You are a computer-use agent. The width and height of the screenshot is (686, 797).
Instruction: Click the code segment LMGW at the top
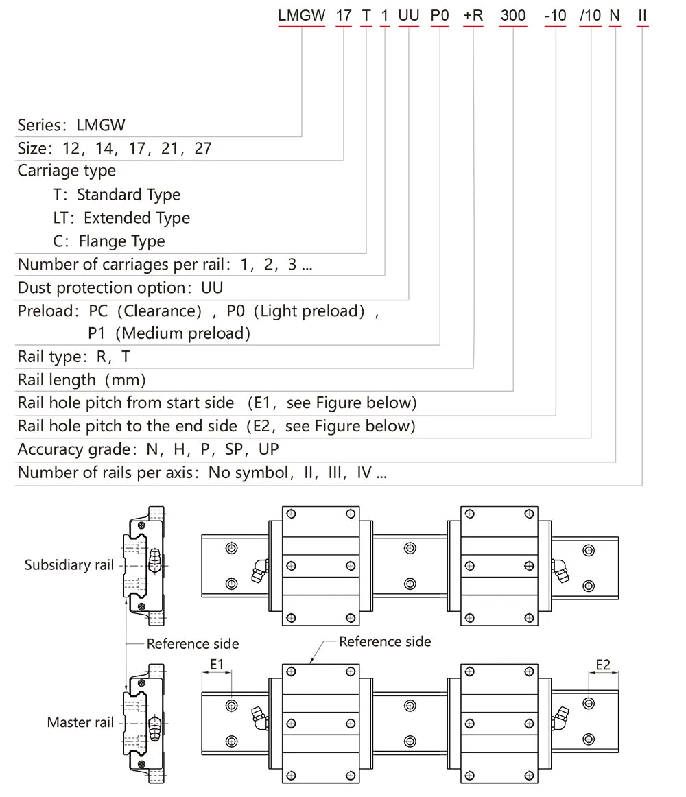(301, 15)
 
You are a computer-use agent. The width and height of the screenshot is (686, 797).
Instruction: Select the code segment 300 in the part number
(513, 15)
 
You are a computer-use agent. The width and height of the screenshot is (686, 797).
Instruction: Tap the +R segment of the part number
(473, 15)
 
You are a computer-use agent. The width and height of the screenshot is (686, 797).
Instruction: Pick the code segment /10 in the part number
(591, 15)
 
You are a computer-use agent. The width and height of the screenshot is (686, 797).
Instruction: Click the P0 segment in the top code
(439, 15)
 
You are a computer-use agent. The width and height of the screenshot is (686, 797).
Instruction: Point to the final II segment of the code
(642, 15)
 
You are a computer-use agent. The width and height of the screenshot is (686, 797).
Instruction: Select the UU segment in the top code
(409, 15)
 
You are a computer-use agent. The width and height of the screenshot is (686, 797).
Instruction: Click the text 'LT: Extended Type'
(121, 218)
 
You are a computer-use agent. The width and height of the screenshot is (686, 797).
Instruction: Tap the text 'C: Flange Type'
(109, 241)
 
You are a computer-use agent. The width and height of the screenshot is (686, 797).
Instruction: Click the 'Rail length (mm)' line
(82, 379)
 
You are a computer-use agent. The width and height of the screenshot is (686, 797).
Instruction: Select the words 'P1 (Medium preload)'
(169, 334)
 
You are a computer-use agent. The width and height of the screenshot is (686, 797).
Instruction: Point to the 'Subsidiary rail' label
(69, 565)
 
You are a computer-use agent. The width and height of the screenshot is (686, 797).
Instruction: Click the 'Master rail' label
(80, 722)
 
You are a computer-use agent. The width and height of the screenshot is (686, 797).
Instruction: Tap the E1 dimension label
(217, 664)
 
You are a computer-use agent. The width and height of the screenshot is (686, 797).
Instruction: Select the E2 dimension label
(603, 664)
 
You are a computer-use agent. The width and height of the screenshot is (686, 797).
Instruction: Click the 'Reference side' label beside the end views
(193, 643)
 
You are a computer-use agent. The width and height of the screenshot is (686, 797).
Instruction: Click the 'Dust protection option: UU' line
(120, 287)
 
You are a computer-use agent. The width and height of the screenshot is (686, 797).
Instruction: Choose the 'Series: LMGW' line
(71, 125)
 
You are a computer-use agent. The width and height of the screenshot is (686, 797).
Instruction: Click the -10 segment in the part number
(555, 15)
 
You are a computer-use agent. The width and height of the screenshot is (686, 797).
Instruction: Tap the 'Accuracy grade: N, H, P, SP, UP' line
(148, 449)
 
